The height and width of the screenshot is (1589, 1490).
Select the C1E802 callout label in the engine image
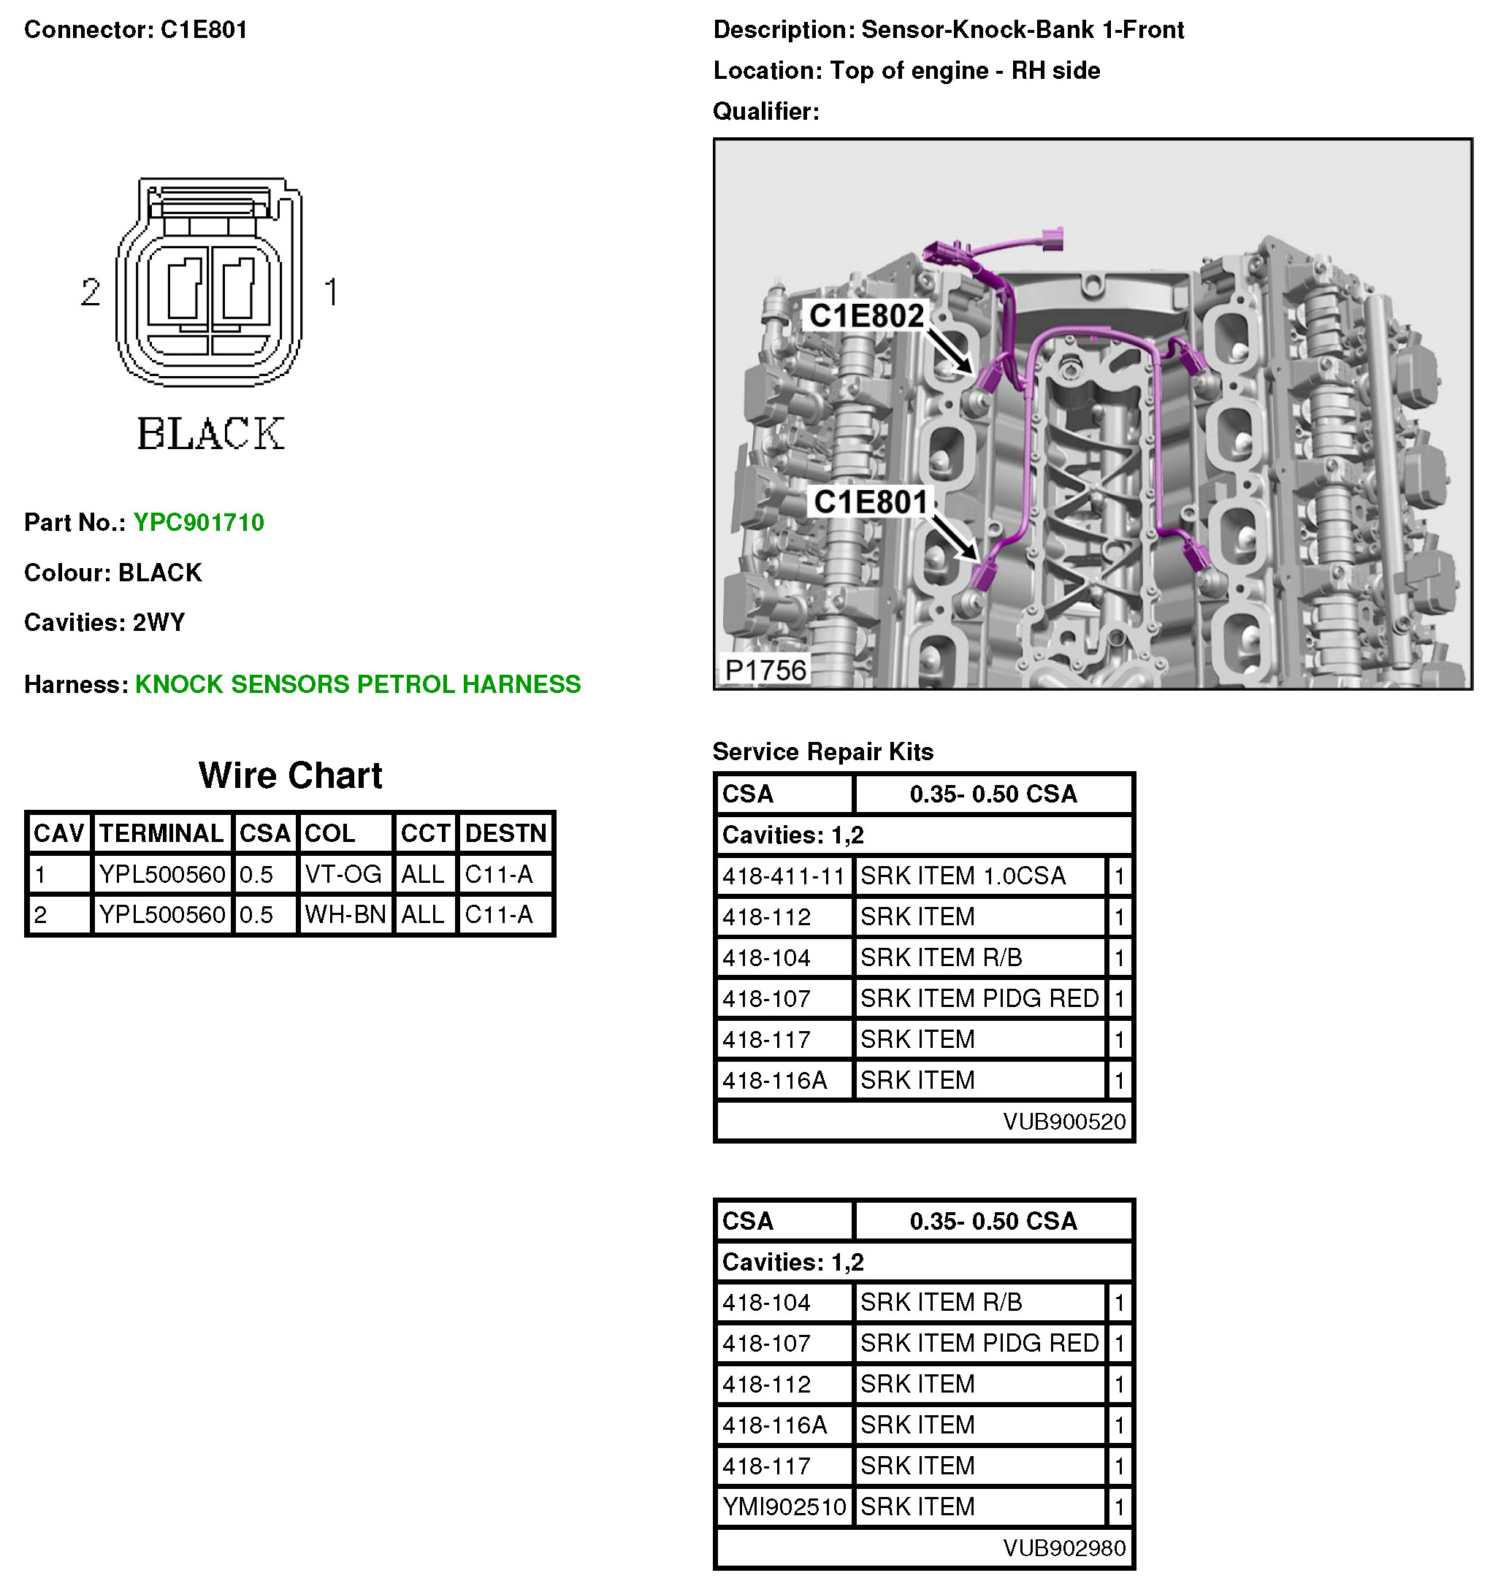[866, 315]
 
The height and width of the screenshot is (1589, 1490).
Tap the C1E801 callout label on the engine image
[870, 502]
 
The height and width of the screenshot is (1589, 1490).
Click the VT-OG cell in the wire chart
[343, 874]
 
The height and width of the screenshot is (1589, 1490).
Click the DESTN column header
[505, 833]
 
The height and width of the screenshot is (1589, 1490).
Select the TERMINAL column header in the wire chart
[161, 833]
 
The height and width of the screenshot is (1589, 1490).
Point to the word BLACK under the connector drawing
[210, 434]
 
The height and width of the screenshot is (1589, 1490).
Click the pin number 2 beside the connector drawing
[91, 292]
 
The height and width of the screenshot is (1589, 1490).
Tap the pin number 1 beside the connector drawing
[331, 292]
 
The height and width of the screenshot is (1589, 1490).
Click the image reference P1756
[765, 670]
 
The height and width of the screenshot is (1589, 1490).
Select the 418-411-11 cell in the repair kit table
[784, 876]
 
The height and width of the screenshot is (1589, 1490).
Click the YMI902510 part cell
[784, 1506]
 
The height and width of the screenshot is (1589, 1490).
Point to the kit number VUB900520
[1064, 1122]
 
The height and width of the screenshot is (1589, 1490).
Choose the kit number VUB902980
[1064, 1548]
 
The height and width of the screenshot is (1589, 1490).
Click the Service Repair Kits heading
[822, 751]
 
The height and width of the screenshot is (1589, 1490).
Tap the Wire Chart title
[290, 776]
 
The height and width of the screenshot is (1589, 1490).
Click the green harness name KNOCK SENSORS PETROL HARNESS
[357, 684]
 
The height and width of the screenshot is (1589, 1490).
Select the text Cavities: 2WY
[104, 622]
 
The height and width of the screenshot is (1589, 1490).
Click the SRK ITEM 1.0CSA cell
[963, 876]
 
